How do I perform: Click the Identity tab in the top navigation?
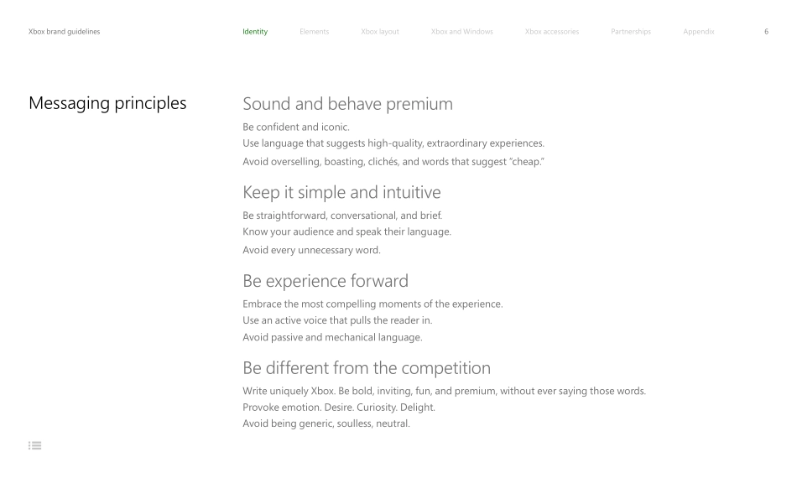[255, 32]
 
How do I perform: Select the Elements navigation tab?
[314, 32]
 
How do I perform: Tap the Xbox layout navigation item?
[379, 32]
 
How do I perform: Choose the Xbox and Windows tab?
[461, 32]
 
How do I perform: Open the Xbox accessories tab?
[551, 32]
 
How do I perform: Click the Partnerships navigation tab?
[630, 32]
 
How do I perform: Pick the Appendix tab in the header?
[699, 32]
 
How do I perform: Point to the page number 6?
[765, 32]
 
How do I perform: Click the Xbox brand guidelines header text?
[65, 32]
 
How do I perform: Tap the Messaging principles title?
[107, 104]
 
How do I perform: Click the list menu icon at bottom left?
[35, 444]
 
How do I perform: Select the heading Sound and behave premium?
[347, 104]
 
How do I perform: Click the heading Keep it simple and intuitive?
[341, 192]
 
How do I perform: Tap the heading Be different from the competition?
[367, 368]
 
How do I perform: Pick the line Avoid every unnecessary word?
[301, 249]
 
